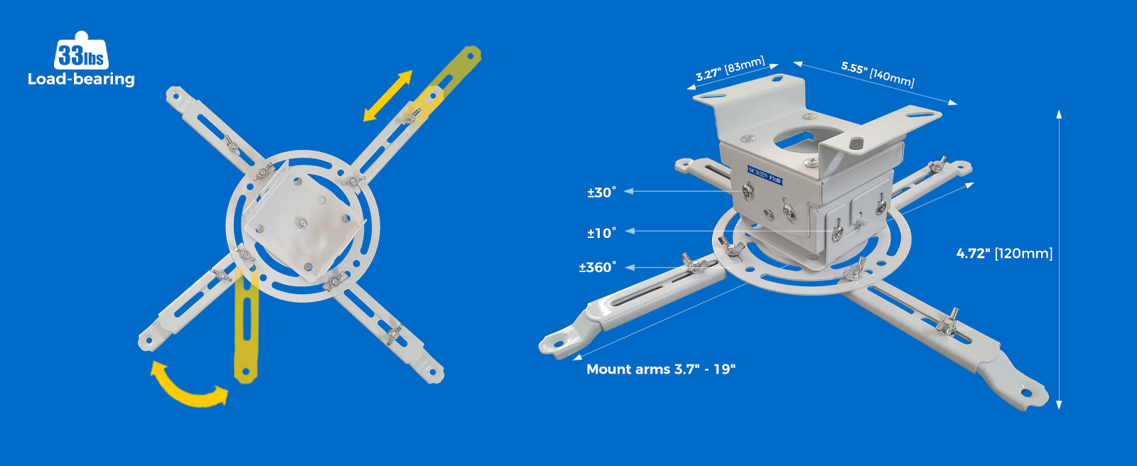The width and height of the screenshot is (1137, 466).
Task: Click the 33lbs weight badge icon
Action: click(x=81, y=50)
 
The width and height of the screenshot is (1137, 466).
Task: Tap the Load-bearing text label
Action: click(x=81, y=79)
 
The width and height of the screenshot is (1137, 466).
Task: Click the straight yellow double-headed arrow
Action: click(x=388, y=96)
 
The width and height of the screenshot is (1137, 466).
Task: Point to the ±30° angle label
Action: click(x=601, y=193)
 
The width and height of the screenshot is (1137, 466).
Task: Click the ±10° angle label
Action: click(x=601, y=233)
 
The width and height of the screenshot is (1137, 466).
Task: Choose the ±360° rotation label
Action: click(x=598, y=268)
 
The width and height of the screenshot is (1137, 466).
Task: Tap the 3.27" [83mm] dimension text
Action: click(x=730, y=69)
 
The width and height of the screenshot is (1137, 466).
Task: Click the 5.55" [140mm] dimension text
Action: click(x=878, y=74)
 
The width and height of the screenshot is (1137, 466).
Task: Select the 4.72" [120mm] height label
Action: click(x=1004, y=254)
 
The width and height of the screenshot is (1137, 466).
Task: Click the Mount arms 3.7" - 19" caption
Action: click(x=661, y=369)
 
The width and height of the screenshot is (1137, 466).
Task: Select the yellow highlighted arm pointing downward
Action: click(x=246, y=325)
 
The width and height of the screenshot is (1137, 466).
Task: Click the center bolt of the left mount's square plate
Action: click(x=303, y=222)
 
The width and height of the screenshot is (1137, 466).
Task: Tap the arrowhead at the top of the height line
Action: click(x=1059, y=114)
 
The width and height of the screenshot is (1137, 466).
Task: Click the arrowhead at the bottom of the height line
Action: click(x=1059, y=405)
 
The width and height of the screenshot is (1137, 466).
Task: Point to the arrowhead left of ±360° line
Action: click(x=630, y=267)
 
